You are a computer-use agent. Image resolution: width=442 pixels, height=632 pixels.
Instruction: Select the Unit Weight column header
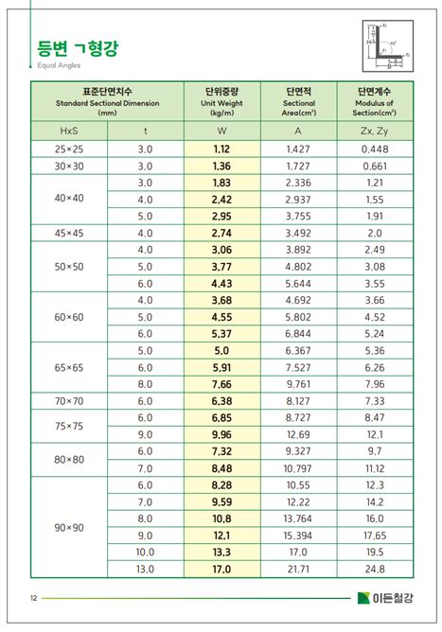tap(221, 101)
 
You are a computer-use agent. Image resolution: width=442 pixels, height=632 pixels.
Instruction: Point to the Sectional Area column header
tap(298, 101)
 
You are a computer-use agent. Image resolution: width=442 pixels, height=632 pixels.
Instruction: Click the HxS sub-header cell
tap(69, 131)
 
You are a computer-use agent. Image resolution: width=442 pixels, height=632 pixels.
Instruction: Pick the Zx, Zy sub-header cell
tap(374, 131)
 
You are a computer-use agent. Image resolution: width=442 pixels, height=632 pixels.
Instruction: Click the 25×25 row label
tap(69, 149)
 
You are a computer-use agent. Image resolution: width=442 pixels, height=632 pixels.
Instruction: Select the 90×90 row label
tap(69, 526)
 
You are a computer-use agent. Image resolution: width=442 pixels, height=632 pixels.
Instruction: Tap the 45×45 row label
tap(69, 233)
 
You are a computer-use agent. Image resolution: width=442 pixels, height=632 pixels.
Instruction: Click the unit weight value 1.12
tap(221, 149)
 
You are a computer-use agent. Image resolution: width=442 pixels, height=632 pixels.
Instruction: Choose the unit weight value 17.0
tap(221, 569)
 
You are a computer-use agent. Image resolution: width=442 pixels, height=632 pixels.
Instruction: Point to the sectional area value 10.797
tap(298, 467)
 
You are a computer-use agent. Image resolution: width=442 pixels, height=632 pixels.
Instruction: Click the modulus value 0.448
tap(374, 149)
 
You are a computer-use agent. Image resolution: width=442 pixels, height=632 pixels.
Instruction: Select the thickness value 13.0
tap(145, 569)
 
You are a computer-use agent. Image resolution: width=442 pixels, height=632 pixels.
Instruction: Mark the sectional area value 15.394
tap(298, 535)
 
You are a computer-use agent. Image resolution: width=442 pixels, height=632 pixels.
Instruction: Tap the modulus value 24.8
tap(374, 569)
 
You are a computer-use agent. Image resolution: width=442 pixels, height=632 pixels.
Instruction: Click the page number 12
tap(33, 598)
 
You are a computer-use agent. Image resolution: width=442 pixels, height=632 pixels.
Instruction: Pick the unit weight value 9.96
tap(221, 434)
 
